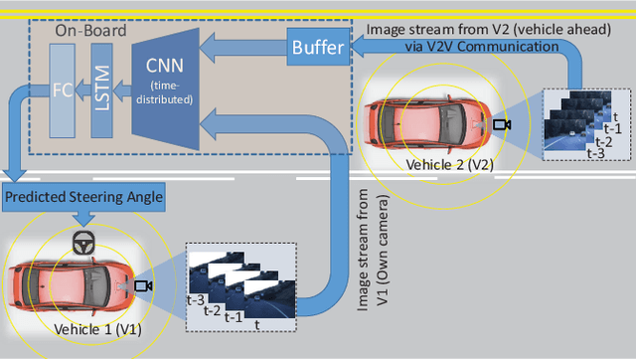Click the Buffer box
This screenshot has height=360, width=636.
(x=315, y=46)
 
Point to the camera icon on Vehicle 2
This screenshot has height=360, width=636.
(x=501, y=125)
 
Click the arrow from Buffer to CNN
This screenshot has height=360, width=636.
(x=242, y=48)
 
